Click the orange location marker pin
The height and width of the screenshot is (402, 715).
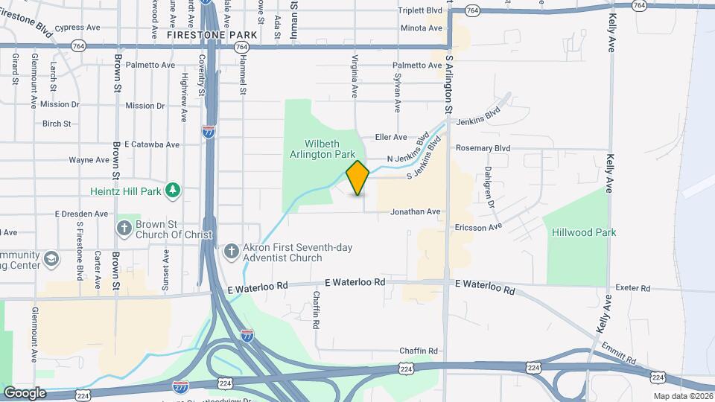pyautogui.click(x=357, y=178)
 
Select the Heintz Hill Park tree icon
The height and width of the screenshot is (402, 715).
pyautogui.click(x=173, y=191)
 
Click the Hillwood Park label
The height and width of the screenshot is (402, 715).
pyautogui.click(x=584, y=232)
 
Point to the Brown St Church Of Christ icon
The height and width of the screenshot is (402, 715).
pyautogui.click(x=124, y=226)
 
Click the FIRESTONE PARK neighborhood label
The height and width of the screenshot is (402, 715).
pyautogui.click(x=212, y=35)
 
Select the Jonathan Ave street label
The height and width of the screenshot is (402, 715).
pyautogui.click(x=416, y=212)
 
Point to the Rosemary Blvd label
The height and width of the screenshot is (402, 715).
pyautogui.click(x=483, y=148)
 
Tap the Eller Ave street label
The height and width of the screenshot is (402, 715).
pyautogui.click(x=391, y=137)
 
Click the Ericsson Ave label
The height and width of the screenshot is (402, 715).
pyautogui.click(x=479, y=226)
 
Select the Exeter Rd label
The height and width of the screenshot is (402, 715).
pyautogui.click(x=633, y=288)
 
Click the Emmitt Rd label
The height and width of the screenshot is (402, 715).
pyautogui.click(x=622, y=351)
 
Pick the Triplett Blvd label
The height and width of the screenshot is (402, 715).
pyautogui.click(x=420, y=11)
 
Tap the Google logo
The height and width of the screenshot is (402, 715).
pyautogui.click(x=24, y=392)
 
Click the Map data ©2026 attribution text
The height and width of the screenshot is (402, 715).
pyautogui.click(x=681, y=396)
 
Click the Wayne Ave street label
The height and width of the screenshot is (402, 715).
pyautogui.click(x=89, y=160)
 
